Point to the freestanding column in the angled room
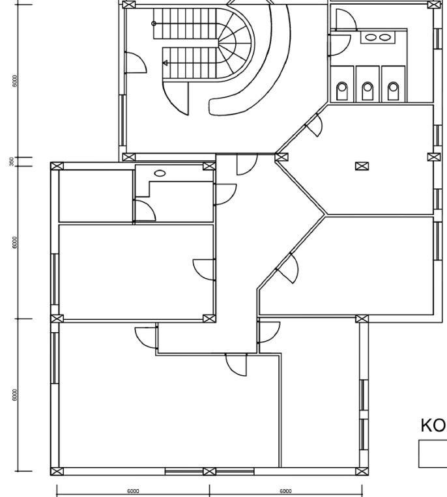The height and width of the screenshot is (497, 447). point(360,165)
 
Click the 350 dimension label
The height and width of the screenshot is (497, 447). point(12,161)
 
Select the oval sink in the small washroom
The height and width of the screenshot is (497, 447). point(159,173)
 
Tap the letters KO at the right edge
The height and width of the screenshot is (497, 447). point(433,425)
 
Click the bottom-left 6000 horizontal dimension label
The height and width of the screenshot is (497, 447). point(132,491)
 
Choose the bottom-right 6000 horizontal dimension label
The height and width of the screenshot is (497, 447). point(285,491)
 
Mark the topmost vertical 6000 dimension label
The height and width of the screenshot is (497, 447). point(14,79)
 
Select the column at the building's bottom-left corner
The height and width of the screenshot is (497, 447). point(57,471)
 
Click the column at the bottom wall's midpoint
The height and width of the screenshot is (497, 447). point(209,471)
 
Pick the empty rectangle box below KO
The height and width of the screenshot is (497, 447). point(433,453)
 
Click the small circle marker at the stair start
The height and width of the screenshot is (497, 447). point(154,23)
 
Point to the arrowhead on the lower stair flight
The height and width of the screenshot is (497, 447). point(166,63)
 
